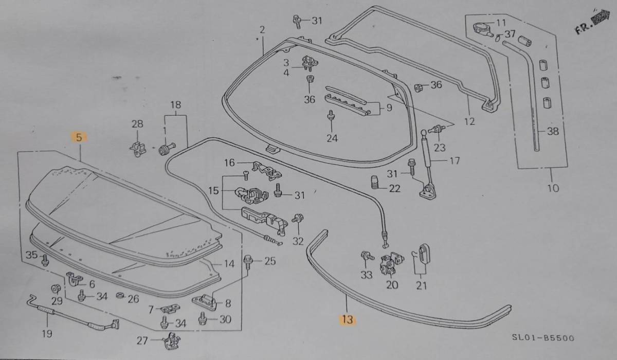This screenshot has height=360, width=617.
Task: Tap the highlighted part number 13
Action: click(x=347, y=320)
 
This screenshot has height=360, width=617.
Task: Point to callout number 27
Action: click(x=142, y=340)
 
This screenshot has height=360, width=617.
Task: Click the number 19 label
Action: click(x=47, y=334)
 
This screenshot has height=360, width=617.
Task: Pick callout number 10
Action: click(x=553, y=188)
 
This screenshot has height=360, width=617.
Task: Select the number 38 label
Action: click(x=552, y=131)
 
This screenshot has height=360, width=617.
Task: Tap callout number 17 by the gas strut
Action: click(x=455, y=160)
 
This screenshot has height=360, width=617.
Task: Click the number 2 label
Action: click(x=262, y=30)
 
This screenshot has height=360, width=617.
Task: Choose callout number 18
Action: click(x=176, y=105)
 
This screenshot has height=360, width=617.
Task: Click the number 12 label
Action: click(x=469, y=123)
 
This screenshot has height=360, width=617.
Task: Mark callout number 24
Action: click(x=332, y=138)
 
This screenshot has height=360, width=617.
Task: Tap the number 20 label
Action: click(x=392, y=284)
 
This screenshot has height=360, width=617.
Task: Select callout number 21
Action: click(x=422, y=284)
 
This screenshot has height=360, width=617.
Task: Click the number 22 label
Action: click(x=394, y=188)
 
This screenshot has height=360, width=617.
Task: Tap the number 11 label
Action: click(x=501, y=23)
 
